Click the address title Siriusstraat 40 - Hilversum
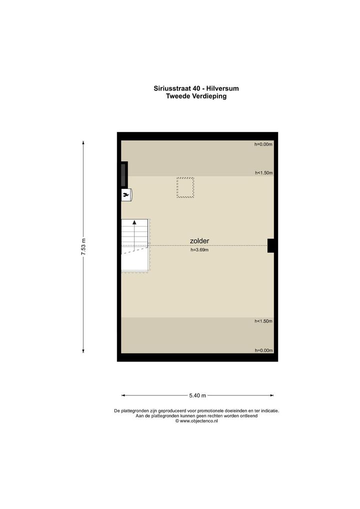click(196, 88)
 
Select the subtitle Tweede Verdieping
click(196, 96)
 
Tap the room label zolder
click(199, 241)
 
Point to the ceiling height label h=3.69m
click(199, 250)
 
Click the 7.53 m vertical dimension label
click(83, 246)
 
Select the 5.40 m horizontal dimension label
click(197, 395)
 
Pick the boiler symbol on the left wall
click(126, 195)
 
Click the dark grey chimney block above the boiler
click(123, 175)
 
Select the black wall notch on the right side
click(271, 245)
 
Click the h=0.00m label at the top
click(263, 144)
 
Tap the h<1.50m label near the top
click(263, 173)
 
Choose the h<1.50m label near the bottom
click(263, 321)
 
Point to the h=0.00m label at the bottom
click(263, 350)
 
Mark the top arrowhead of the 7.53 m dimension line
click(83, 142)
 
